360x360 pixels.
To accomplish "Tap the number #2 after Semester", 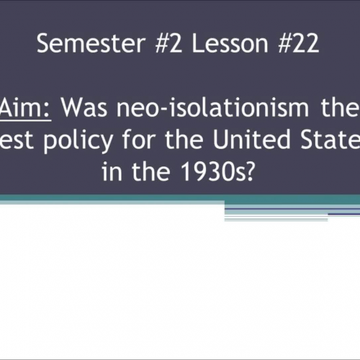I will click(x=151, y=45).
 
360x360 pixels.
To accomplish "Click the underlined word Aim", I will click(x=27, y=109).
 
